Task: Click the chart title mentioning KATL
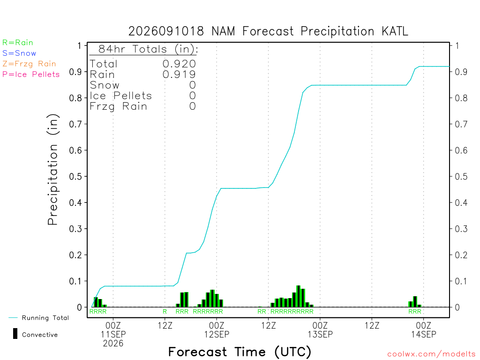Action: [x=268, y=31]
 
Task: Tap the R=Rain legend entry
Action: [x=18, y=43]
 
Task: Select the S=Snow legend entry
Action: [x=19, y=53]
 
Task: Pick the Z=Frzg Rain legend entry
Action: [x=29, y=64]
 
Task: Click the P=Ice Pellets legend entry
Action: [x=31, y=75]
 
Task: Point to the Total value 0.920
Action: [x=179, y=64]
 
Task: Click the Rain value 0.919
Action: [x=179, y=75]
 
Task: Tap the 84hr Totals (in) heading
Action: [x=148, y=49]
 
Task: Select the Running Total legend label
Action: [x=45, y=318]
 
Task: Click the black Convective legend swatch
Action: [x=15, y=334]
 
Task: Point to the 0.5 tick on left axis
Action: [x=75, y=177]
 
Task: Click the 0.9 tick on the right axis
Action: [x=461, y=72]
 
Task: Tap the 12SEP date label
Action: [x=217, y=334]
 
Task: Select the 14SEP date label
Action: [x=424, y=334]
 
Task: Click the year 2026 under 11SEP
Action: [x=113, y=344]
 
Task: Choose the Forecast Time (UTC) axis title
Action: [x=240, y=352]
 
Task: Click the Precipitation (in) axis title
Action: [x=52, y=170]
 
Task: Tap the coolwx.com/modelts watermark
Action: [x=431, y=354]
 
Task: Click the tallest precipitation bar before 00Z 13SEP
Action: [x=299, y=296]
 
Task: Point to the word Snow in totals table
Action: [x=105, y=85]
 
